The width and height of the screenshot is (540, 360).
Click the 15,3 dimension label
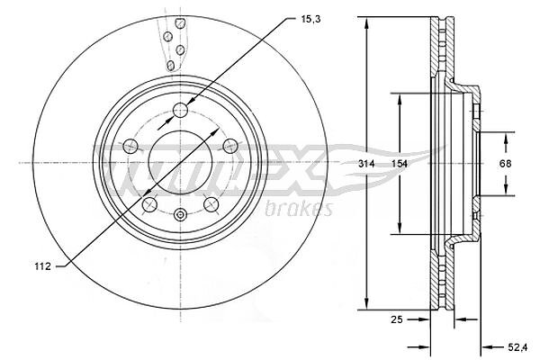(x=310, y=19)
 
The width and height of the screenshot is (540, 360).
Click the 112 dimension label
(x=42, y=266)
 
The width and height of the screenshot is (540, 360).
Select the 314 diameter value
(x=366, y=164)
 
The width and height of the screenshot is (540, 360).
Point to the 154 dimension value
(x=399, y=164)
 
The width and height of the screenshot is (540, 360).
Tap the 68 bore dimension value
(x=505, y=164)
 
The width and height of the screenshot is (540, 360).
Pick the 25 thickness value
(x=397, y=319)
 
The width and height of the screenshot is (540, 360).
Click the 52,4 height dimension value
(x=517, y=347)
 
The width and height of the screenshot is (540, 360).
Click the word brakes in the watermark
(x=299, y=209)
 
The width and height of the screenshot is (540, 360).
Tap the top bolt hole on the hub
(x=180, y=110)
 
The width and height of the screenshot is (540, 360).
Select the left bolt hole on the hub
(x=130, y=146)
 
